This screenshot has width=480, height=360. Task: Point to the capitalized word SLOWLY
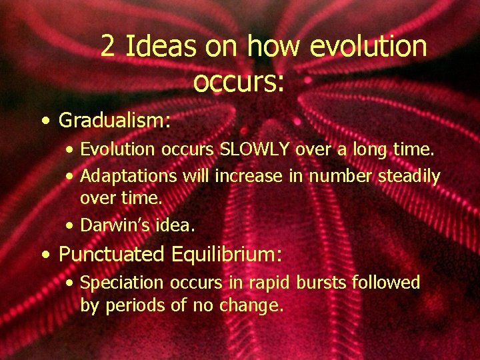(x=255, y=151)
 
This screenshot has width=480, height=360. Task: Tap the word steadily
(x=409, y=177)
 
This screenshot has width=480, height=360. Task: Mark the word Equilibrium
(x=227, y=255)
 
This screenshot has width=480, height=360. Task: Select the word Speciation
(x=122, y=283)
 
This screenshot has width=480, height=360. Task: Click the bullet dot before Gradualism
(x=44, y=121)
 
